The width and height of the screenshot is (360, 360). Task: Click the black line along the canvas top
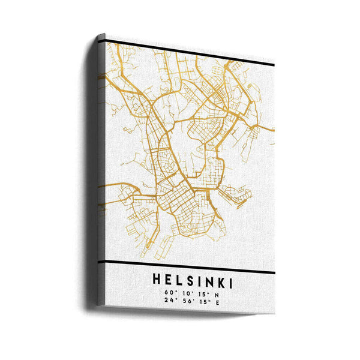192,53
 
